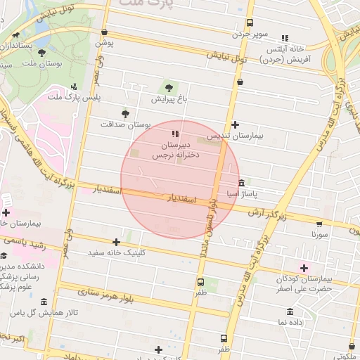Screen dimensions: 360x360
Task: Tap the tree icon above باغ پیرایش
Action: click(168, 87)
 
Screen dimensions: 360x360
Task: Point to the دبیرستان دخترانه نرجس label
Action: click(175, 146)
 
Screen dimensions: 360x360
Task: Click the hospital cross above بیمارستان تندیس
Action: click(235, 124)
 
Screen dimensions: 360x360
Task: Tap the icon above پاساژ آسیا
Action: click(242, 183)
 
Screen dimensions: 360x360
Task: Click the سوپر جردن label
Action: click(252, 33)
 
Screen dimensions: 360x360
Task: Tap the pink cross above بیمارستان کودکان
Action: click(304, 267)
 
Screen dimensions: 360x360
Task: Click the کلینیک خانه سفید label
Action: click(115, 252)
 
